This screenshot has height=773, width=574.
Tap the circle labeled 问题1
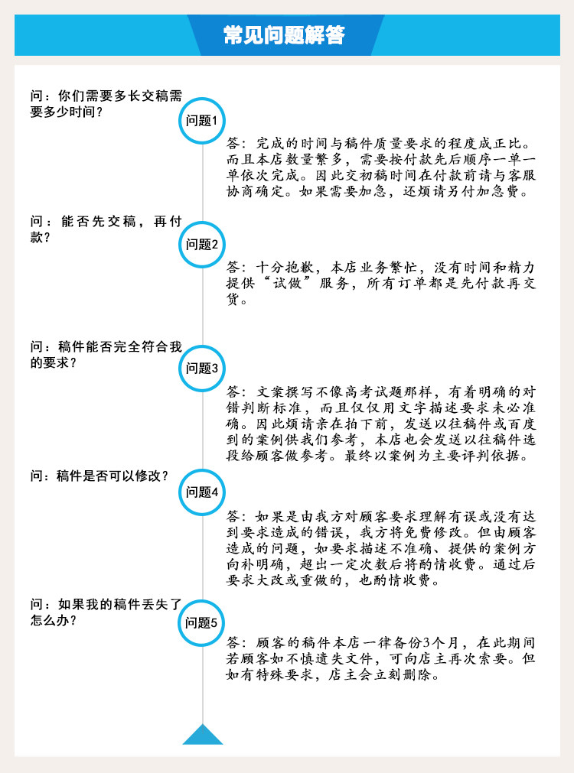coord(202,120)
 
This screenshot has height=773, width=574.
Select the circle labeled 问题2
coord(202,244)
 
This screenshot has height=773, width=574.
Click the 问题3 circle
coord(202,368)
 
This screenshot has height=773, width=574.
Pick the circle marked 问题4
coord(202,492)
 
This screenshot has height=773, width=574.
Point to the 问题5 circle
coord(202,622)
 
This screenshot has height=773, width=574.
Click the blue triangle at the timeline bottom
coord(203,735)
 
